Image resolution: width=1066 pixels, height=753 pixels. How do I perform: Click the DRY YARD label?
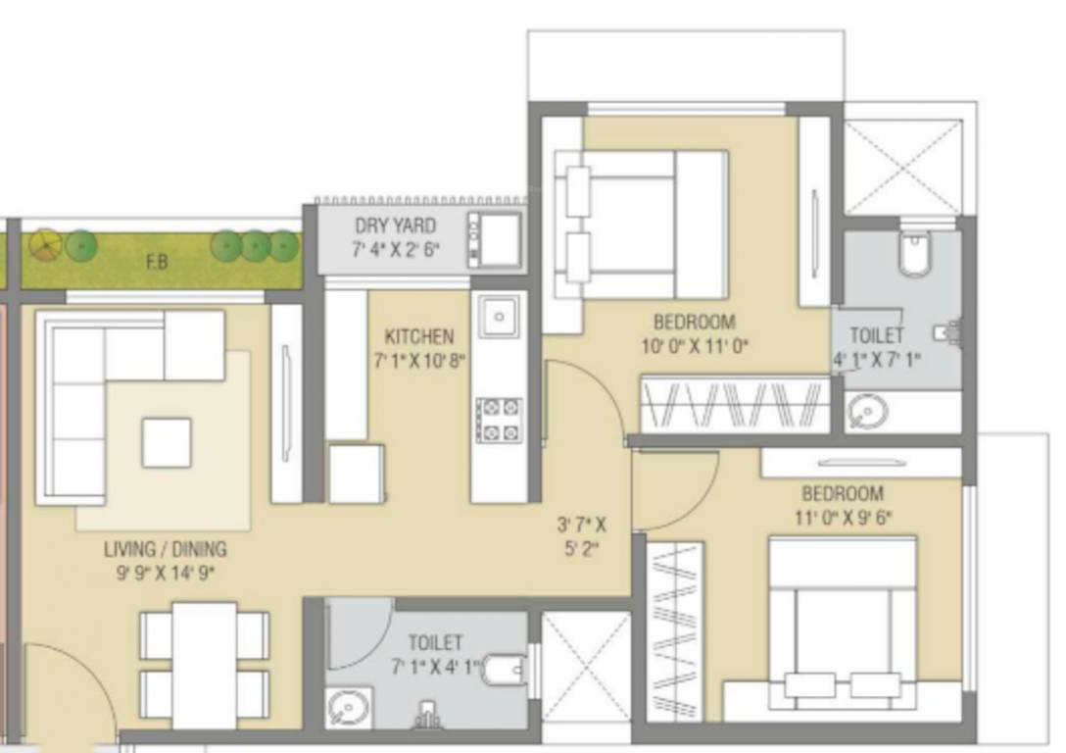[395, 226]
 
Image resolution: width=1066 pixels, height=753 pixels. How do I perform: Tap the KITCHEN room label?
[418, 336]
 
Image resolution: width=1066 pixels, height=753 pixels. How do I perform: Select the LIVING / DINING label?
[166, 549]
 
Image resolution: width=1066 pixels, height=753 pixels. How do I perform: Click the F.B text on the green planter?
[156, 263]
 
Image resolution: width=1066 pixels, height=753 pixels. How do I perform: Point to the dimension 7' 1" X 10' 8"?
[418, 360]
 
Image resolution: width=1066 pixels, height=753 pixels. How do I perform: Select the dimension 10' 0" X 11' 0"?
[694, 345]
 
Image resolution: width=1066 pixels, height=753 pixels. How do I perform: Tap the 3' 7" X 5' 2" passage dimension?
[581, 536]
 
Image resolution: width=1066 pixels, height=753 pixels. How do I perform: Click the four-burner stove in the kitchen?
[499, 421]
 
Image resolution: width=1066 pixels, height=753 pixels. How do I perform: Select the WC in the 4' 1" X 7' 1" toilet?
[913, 254]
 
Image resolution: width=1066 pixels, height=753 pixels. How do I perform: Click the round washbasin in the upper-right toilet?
[863, 412]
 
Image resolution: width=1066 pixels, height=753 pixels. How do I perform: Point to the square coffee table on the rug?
[166, 442]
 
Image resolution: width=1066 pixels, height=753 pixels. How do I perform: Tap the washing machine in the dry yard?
[497, 238]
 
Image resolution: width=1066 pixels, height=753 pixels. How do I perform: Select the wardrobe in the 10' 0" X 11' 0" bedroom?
[735, 403]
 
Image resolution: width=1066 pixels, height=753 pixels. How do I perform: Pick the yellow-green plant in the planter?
[44, 244]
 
